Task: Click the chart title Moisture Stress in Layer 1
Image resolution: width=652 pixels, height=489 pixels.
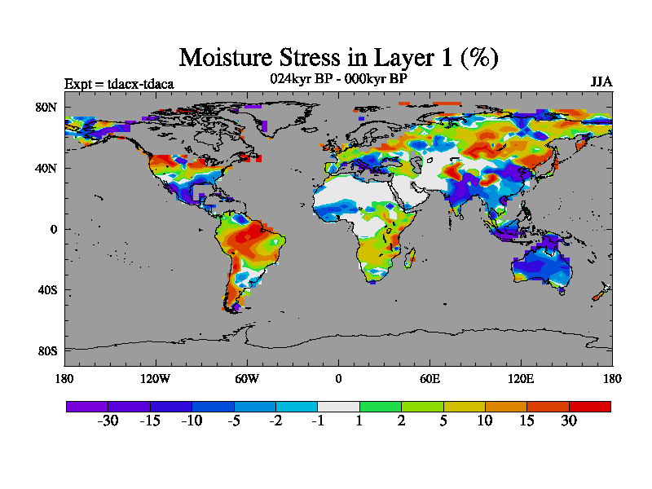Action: [x=338, y=57]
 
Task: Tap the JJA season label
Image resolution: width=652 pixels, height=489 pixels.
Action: [x=601, y=82]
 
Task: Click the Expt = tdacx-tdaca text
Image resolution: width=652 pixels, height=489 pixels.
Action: [x=119, y=83]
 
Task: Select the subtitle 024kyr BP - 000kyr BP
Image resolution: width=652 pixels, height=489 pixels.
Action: [x=338, y=78]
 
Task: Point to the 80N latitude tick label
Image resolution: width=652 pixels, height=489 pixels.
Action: [x=46, y=108]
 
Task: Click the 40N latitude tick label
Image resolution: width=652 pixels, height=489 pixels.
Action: [x=46, y=169]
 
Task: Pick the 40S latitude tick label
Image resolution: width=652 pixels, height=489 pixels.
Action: [x=46, y=290]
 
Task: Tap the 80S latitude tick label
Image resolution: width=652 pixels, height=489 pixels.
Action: [x=46, y=351]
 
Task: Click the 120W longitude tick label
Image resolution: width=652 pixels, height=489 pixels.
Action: [x=156, y=378]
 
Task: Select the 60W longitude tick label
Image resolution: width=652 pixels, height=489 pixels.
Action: [x=247, y=378]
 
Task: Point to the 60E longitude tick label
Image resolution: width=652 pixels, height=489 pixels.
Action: [x=430, y=378]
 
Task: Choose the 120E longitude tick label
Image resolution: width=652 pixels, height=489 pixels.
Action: [x=521, y=378]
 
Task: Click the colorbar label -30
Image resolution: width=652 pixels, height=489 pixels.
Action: [x=108, y=421]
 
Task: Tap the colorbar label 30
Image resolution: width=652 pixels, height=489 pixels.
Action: [x=568, y=421]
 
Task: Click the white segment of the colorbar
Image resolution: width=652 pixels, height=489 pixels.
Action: [x=338, y=406]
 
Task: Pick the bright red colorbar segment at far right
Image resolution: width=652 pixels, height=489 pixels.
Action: [x=589, y=406]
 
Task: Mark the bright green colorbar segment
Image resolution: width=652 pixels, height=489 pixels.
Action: [x=380, y=406]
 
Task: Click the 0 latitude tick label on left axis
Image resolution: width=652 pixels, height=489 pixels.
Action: [x=53, y=230]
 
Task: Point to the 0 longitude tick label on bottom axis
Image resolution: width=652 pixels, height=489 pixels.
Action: [x=338, y=378]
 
